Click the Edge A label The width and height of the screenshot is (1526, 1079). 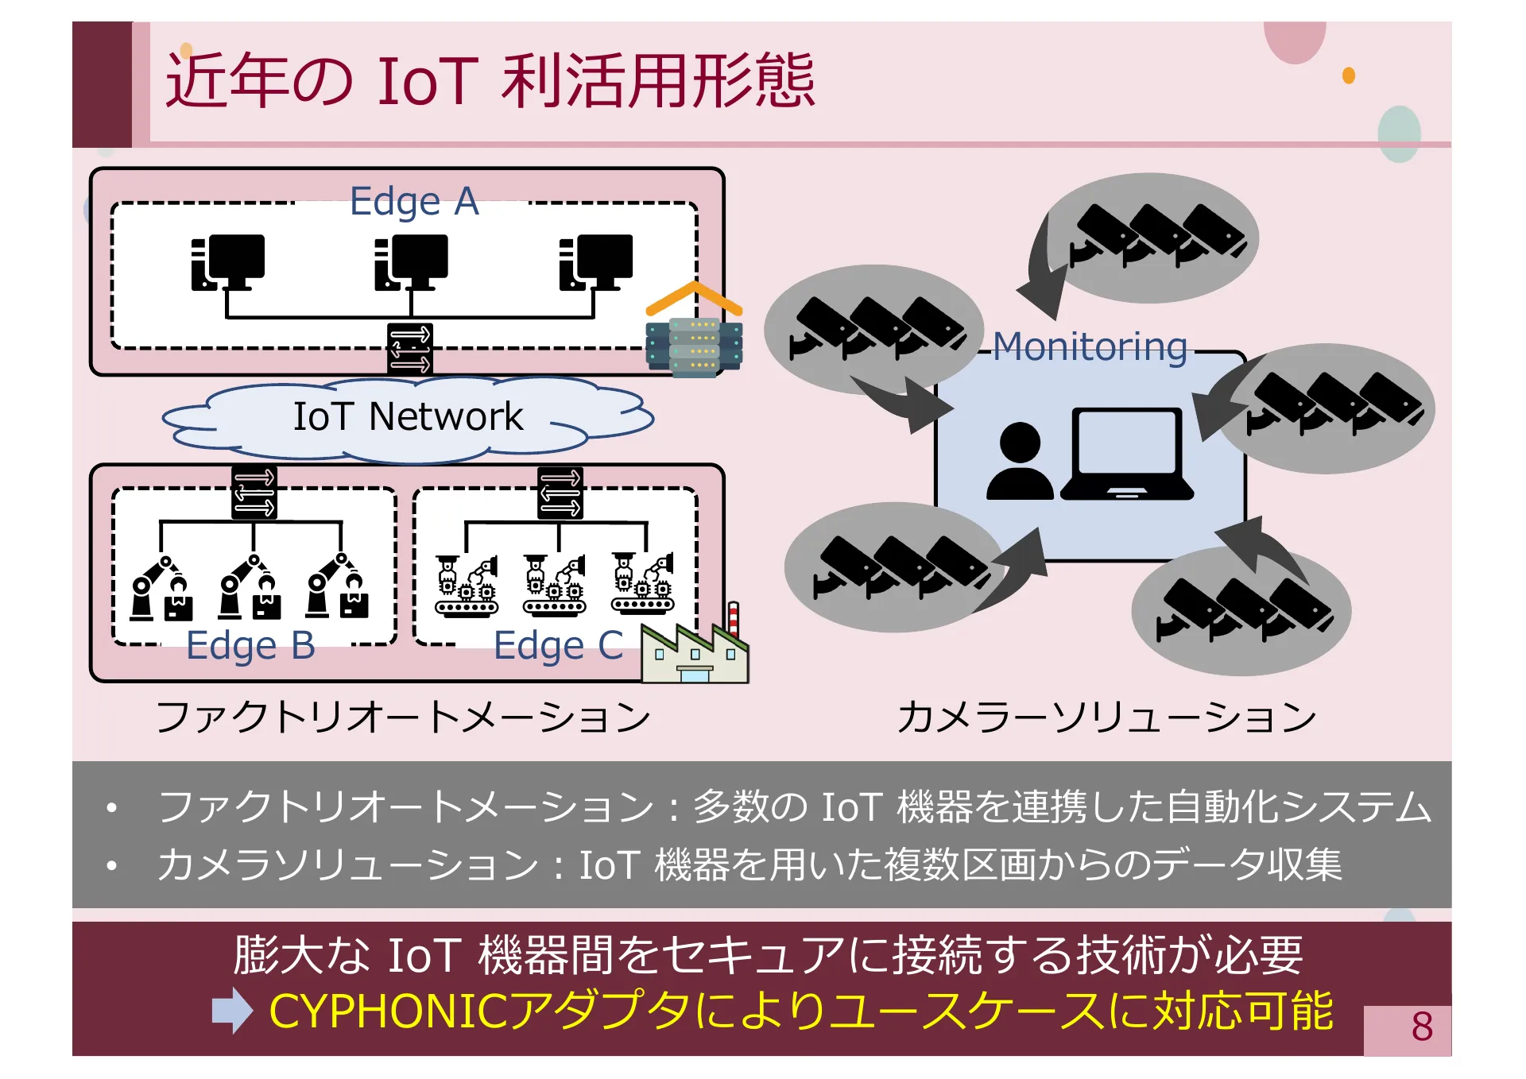click(x=414, y=201)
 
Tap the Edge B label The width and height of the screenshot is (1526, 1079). click(x=250, y=645)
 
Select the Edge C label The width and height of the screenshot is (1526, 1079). click(x=558, y=645)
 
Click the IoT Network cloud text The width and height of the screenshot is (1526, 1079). click(x=408, y=416)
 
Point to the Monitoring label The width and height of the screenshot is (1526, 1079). click(x=1090, y=347)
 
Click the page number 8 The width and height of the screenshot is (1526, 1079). click(x=1422, y=1027)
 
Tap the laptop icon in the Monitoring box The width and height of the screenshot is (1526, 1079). click(x=1126, y=454)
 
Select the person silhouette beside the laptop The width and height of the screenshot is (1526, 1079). click(x=1020, y=462)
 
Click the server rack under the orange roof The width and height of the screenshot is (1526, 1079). click(x=694, y=346)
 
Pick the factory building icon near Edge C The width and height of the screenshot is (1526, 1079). click(x=695, y=653)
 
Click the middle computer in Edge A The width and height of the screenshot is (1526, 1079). click(x=412, y=262)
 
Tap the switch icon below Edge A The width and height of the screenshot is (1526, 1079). click(x=410, y=349)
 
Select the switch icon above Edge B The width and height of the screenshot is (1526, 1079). click(x=254, y=493)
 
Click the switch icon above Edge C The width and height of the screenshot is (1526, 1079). click(x=560, y=493)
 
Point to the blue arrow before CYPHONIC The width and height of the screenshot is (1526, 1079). click(x=232, y=1011)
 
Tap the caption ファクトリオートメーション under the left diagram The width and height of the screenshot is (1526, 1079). click(x=403, y=717)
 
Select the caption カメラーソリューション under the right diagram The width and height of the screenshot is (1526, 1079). click(x=1106, y=717)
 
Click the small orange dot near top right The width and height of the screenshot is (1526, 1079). click(x=1349, y=75)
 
